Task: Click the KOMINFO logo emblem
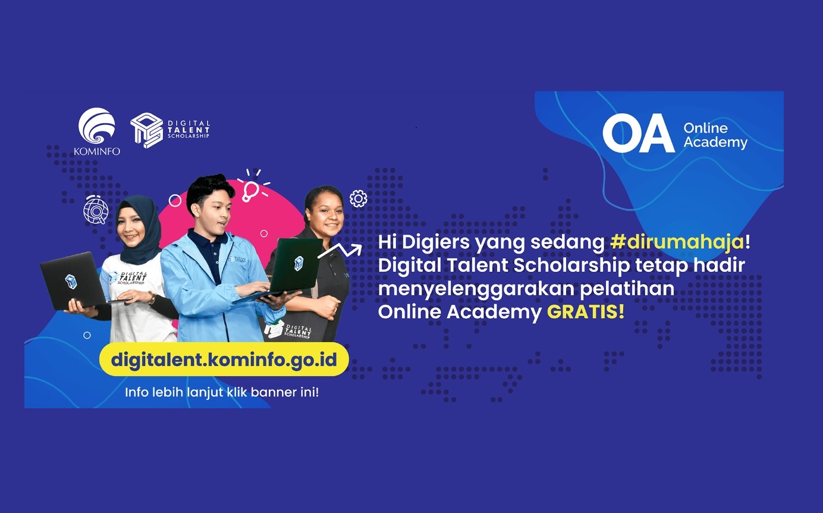[96, 126]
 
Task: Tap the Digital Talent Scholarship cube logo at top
[147, 130]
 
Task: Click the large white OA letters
[638, 133]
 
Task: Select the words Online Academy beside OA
[715, 135]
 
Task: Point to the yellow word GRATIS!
[586, 312]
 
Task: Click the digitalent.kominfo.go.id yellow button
[224, 359]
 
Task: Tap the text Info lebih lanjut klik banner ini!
[222, 392]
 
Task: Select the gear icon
[358, 199]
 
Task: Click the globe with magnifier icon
[96, 210]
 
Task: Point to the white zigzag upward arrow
[340, 251]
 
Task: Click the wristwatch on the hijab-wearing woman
[152, 297]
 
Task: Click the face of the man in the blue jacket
[215, 213]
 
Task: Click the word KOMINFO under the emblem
[97, 151]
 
